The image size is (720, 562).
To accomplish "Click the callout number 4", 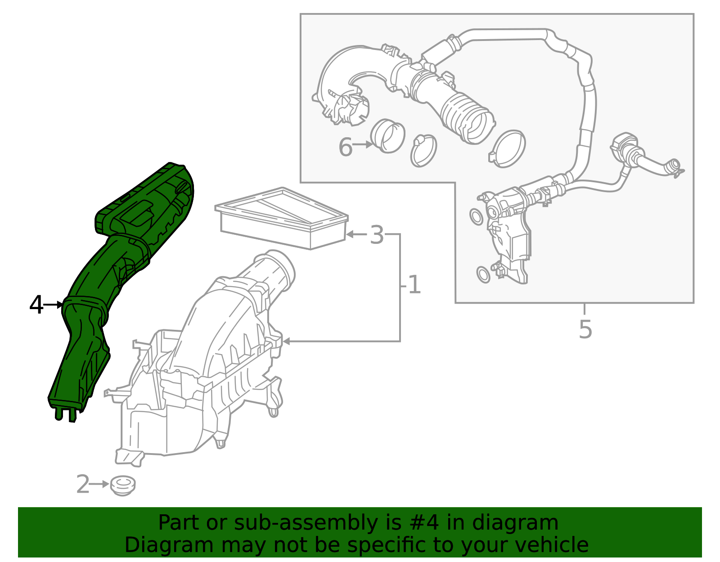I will click(x=36, y=305).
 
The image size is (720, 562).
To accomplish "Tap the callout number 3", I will click(x=377, y=235).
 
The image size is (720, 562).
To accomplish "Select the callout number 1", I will click(x=414, y=285).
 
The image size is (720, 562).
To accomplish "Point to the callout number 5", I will click(x=585, y=329).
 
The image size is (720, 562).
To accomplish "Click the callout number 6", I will click(x=345, y=147).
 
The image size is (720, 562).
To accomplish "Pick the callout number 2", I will click(x=83, y=485).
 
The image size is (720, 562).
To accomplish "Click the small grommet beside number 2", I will click(x=122, y=486).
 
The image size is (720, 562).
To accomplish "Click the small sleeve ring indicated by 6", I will click(x=387, y=135).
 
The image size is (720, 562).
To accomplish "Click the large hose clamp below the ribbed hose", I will click(x=508, y=148).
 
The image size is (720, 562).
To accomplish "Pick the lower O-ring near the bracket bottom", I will click(x=483, y=274).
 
